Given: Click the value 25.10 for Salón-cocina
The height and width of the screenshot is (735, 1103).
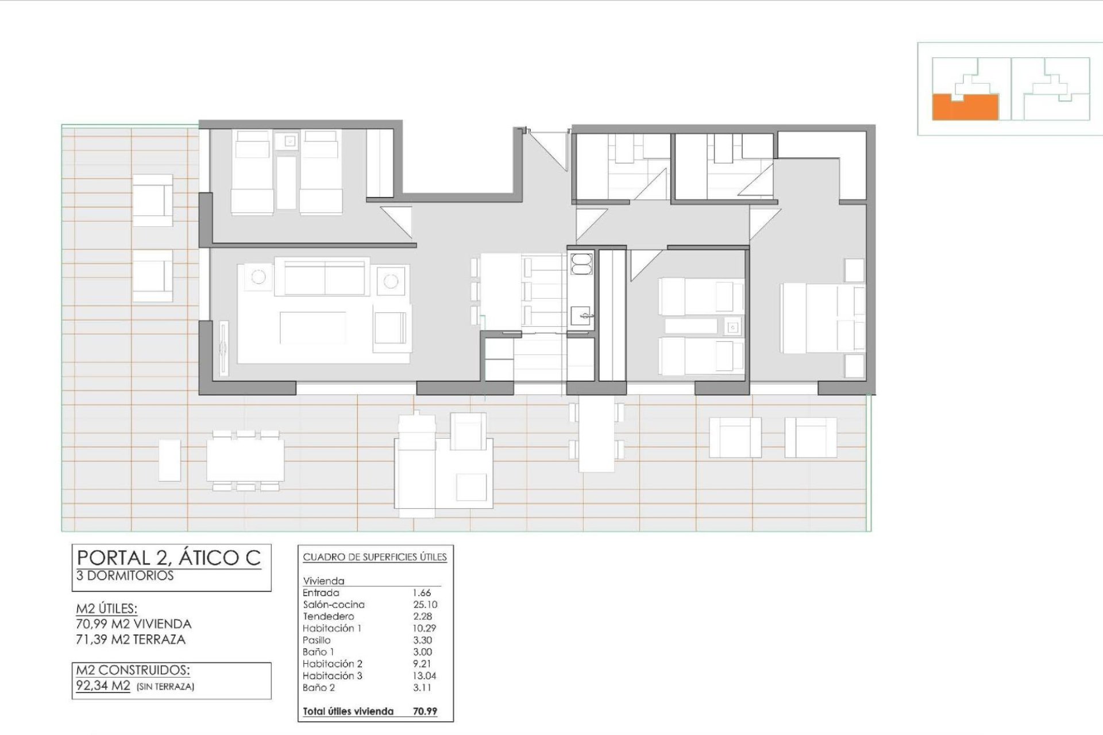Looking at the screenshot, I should pos(425,605).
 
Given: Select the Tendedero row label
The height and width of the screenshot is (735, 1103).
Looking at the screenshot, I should pos(329,616).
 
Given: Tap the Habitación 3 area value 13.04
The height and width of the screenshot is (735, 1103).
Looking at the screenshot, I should pos(425,676).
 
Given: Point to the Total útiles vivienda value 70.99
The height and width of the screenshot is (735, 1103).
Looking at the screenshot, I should pos(425,711).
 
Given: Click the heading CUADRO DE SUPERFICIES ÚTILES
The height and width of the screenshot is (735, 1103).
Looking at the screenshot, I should pos(375,557).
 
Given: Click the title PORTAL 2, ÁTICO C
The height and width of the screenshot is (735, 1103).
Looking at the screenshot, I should pos(169,558).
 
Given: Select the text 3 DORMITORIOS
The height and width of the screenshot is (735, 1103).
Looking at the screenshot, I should pos(125,576).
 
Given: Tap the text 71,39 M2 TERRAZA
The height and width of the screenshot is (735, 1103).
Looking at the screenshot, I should pos(131,640).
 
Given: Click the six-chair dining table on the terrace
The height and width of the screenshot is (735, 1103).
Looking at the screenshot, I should pos(245,460).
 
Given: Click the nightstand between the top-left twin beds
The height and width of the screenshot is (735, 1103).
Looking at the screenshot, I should pos(290,141).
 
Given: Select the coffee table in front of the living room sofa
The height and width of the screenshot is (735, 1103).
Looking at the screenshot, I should pos(313,327).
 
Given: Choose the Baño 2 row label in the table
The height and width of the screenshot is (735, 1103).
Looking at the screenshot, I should pos(318,687).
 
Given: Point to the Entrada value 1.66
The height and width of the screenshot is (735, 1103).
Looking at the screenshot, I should pos(422,593).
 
